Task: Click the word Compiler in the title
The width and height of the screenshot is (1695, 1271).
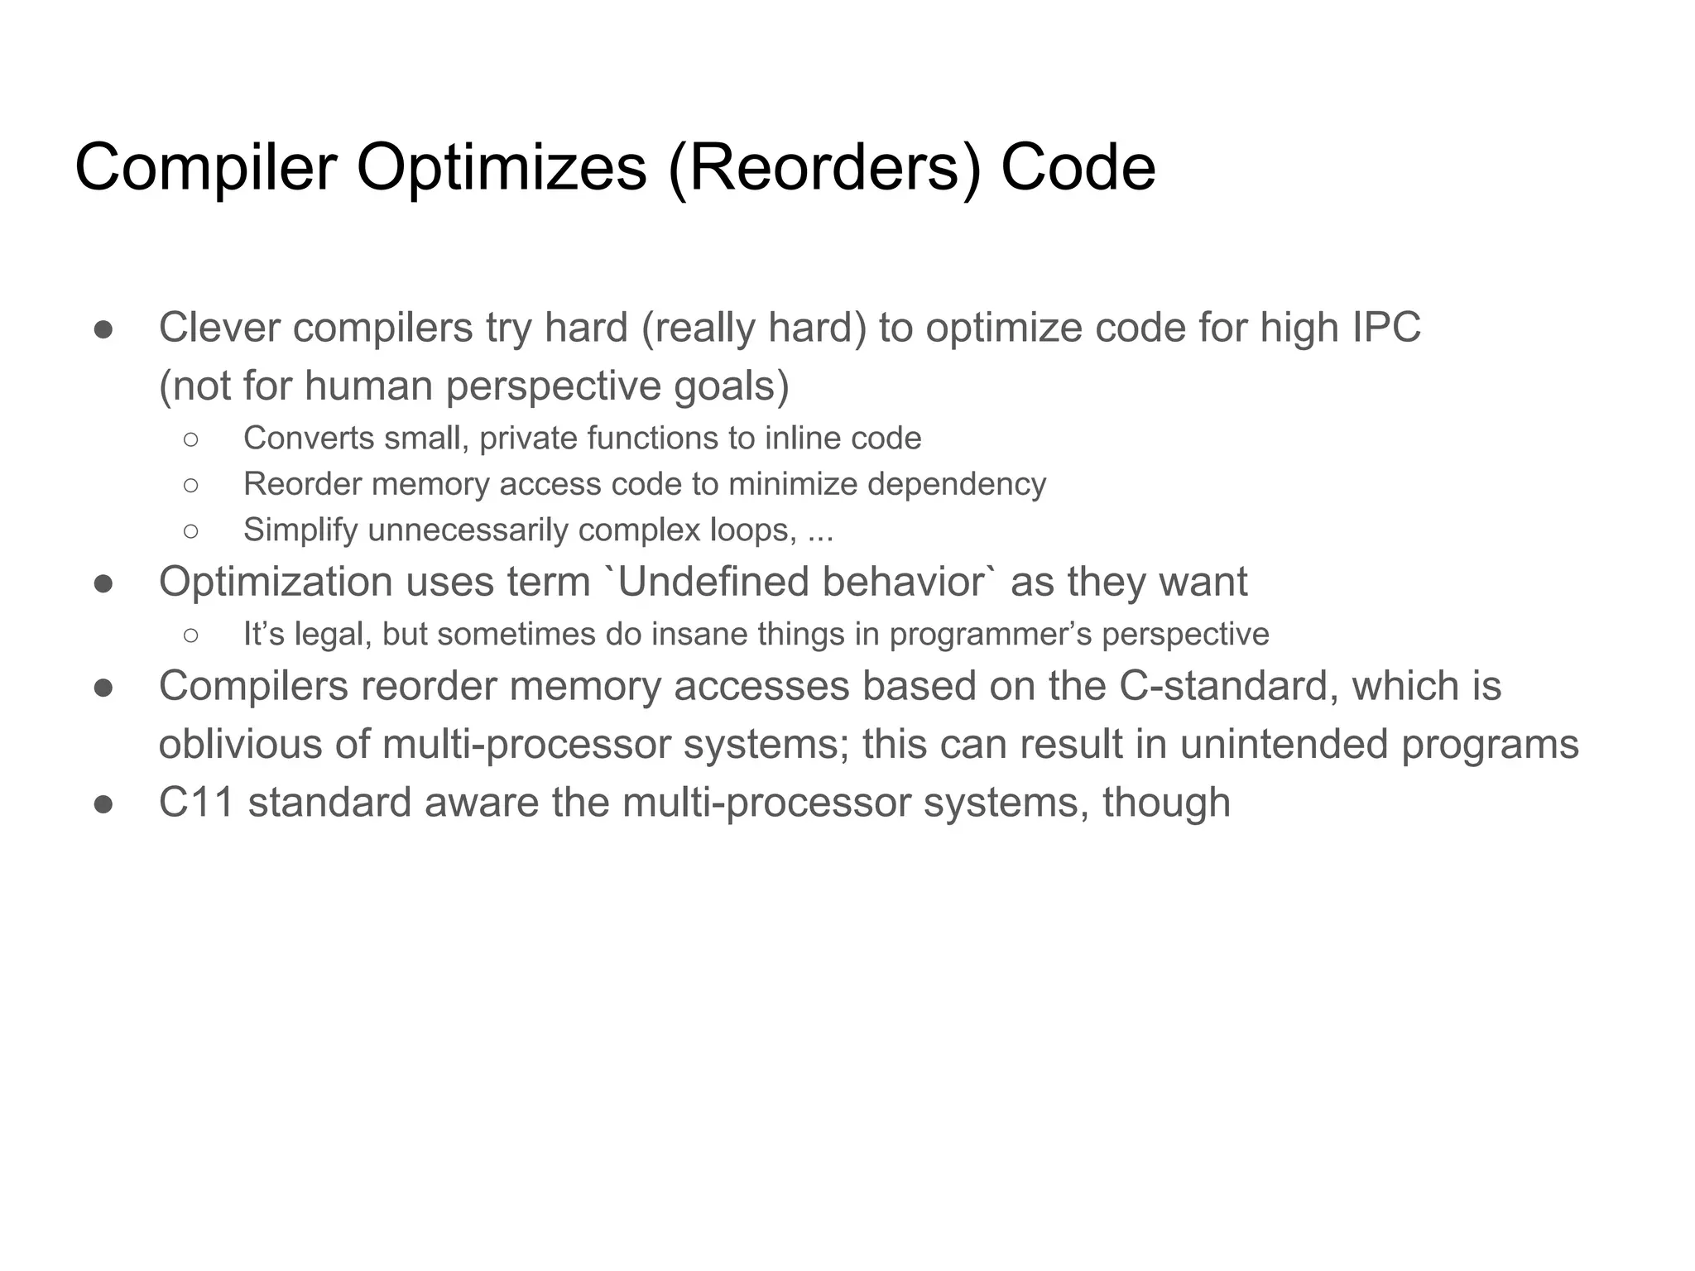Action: tap(205, 168)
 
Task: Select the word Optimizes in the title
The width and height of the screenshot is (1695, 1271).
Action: tap(501, 168)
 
